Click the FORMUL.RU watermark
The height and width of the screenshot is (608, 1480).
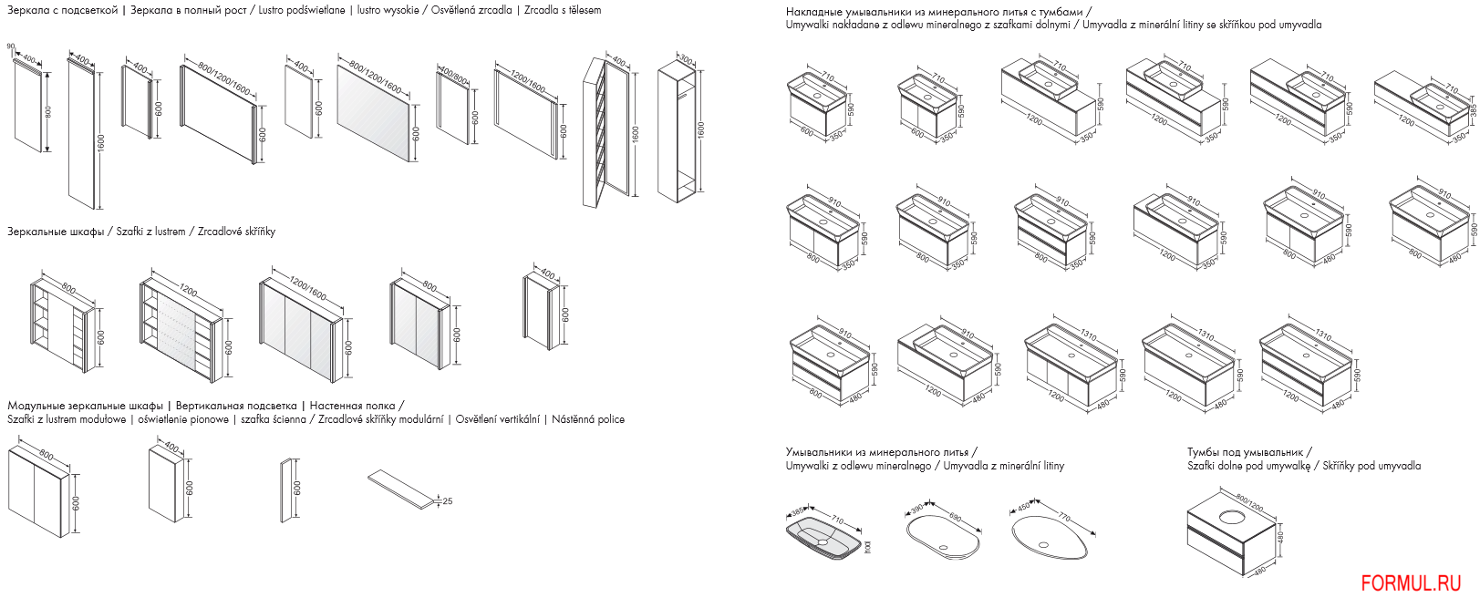point(1411,583)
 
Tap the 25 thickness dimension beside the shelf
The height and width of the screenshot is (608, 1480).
point(447,501)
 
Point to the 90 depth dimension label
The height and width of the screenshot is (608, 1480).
point(11,46)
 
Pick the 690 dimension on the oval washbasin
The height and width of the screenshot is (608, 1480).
point(955,518)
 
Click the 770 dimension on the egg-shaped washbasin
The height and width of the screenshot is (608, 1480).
point(1064,518)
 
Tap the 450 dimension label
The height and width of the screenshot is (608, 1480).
point(1022,509)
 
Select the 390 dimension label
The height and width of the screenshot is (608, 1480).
point(916,509)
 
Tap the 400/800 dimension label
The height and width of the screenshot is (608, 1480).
point(453,72)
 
